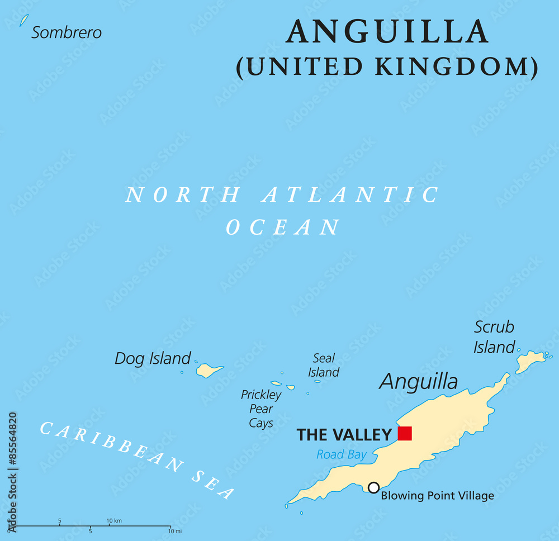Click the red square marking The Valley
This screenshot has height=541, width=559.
(405, 433)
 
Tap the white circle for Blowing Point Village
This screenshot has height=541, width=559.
(373, 487)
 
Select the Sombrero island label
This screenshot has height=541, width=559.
(67, 32)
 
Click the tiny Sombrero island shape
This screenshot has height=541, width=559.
(23, 21)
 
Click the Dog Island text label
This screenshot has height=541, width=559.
(153, 358)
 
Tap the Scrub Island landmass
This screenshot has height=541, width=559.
(529, 360)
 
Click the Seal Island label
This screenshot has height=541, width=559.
(324, 365)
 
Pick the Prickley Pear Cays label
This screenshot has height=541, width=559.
(261, 409)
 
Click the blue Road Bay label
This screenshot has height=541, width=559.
(341, 454)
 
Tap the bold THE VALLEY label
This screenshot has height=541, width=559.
(344, 434)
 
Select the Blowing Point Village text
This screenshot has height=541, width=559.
(437, 496)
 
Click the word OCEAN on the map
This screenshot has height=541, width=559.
(283, 227)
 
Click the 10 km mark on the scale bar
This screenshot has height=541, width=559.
(114, 521)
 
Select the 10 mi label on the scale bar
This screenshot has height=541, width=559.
(174, 531)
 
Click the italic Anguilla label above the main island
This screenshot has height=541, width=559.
(418, 382)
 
